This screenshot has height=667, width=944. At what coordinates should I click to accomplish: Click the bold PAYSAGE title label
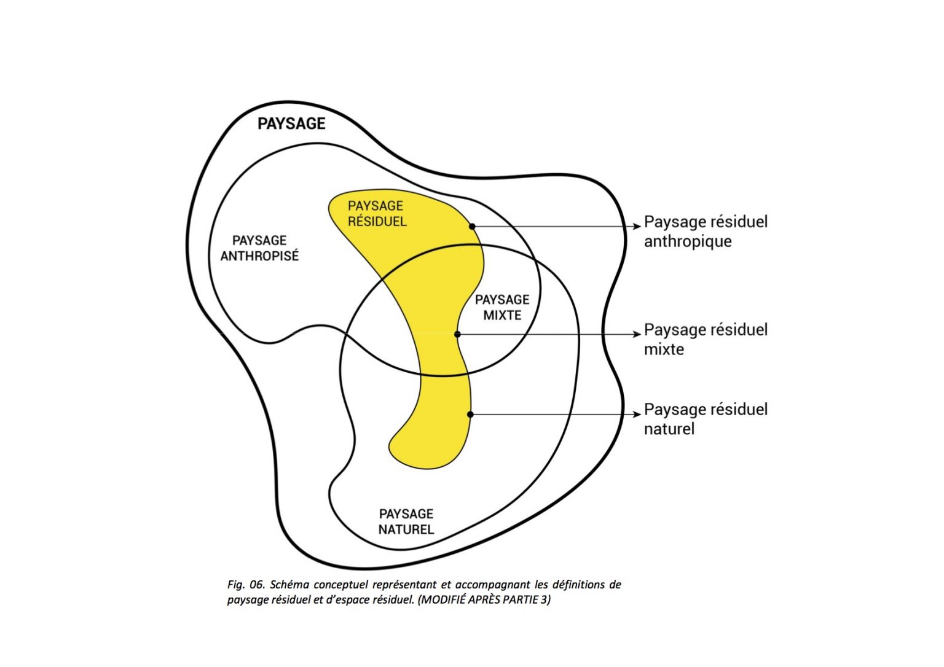[x=291, y=123]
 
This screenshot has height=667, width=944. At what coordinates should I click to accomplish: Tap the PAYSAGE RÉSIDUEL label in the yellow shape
[x=376, y=213]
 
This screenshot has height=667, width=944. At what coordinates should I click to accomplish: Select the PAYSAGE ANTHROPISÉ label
[x=259, y=248]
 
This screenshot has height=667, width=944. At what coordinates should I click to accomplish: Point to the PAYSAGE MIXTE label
[x=502, y=307]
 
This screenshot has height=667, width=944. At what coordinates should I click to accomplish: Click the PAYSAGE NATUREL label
[x=406, y=521]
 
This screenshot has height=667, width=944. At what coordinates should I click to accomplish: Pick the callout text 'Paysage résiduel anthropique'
[x=706, y=231]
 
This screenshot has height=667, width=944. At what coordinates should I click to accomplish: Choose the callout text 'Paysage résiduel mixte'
[x=706, y=339]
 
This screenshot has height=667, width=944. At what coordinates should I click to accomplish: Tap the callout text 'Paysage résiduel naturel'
[x=706, y=419]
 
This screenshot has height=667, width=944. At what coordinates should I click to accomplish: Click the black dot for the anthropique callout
[x=472, y=226]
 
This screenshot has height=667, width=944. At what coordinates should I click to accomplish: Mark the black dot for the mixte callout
[x=457, y=334]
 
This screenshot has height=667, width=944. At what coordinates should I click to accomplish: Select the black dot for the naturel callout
[x=470, y=415]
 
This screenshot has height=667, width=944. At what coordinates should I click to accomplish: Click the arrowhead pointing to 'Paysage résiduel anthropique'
[x=637, y=227]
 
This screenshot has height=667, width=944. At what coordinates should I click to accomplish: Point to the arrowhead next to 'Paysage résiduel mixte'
[x=637, y=335]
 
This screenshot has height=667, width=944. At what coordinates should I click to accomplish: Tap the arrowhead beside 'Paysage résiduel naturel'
[x=637, y=415]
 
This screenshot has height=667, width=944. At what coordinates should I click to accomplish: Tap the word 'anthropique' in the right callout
[x=688, y=241]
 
